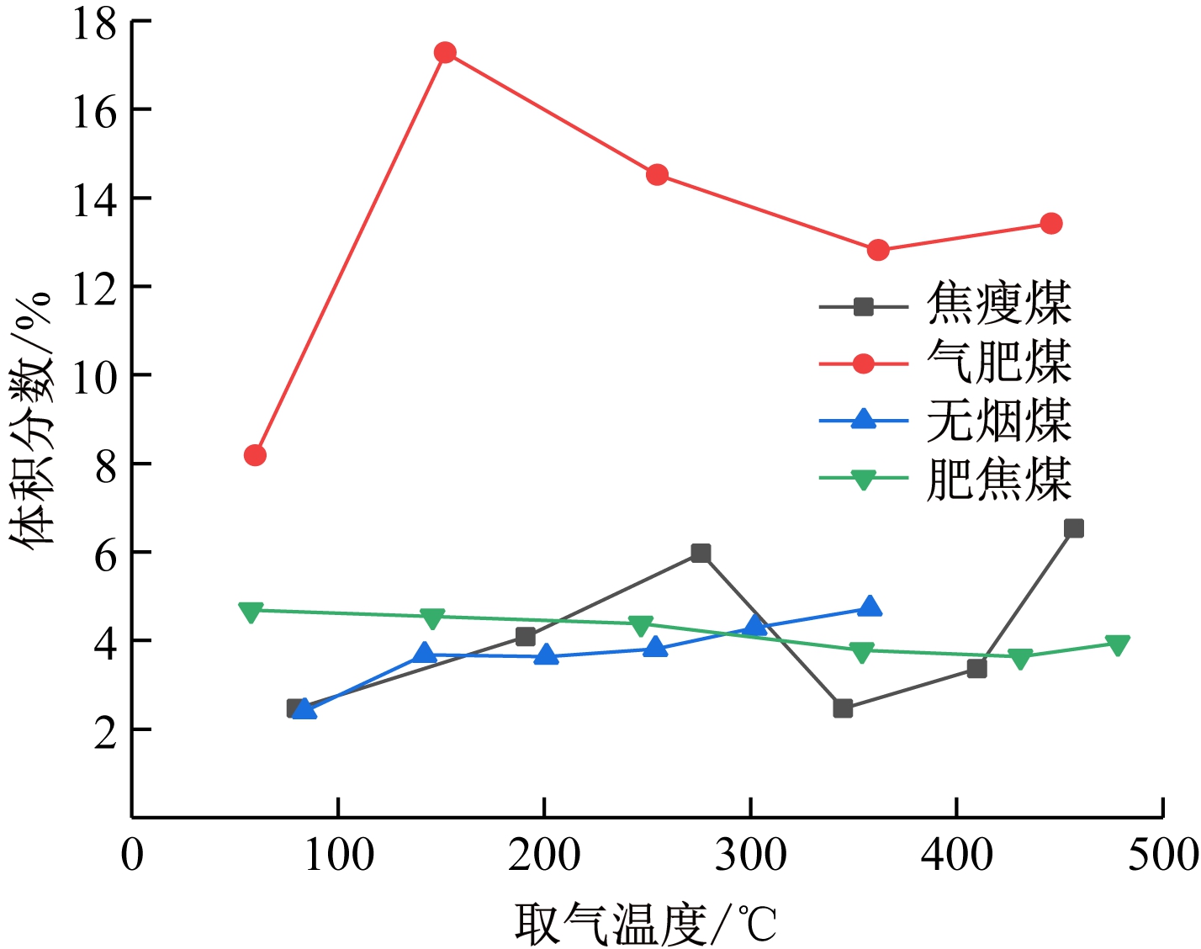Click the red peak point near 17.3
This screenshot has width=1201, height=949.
pyautogui.click(x=445, y=53)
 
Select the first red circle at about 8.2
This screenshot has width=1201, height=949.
pyautogui.click(x=255, y=455)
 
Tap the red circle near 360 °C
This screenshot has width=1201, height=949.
pyautogui.click(x=878, y=250)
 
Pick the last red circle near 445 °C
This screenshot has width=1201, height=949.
pyautogui.click(x=1050, y=223)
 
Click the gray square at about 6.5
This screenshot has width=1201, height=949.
pyautogui.click(x=1073, y=528)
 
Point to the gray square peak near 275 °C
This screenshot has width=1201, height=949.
pyautogui.click(x=701, y=553)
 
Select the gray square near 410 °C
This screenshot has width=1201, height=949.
pyautogui.click(x=976, y=669)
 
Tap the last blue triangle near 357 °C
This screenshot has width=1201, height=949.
pyautogui.click(x=870, y=607)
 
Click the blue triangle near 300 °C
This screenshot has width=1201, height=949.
pyautogui.click(x=755, y=626)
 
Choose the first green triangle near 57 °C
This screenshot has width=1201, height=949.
pyautogui.click(x=251, y=612)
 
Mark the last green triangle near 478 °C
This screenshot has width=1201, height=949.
pyautogui.click(x=1117, y=645)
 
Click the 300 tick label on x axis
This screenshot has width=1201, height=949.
pyautogui.click(x=750, y=856)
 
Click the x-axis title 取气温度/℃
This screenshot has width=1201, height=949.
pyautogui.click(x=646, y=924)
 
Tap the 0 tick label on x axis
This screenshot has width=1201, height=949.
pyautogui.click(x=132, y=856)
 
